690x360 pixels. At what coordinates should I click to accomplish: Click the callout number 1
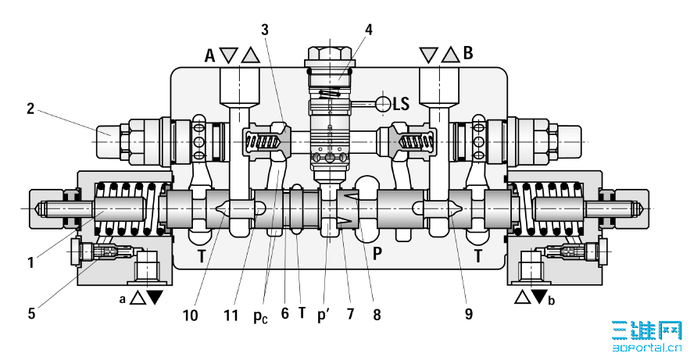[30, 262]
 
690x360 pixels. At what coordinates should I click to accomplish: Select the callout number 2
[30, 108]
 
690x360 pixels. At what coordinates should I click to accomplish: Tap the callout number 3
[264, 30]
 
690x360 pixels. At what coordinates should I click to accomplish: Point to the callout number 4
[368, 30]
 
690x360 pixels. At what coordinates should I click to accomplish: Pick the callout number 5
[31, 313]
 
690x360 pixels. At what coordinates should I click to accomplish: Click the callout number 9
[468, 314]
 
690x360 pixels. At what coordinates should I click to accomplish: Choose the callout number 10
[191, 315]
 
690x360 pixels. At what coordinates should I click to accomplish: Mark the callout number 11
[231, 315]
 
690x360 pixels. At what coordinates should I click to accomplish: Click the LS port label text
[401, 104]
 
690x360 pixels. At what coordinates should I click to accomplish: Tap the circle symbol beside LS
[383, 104]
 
